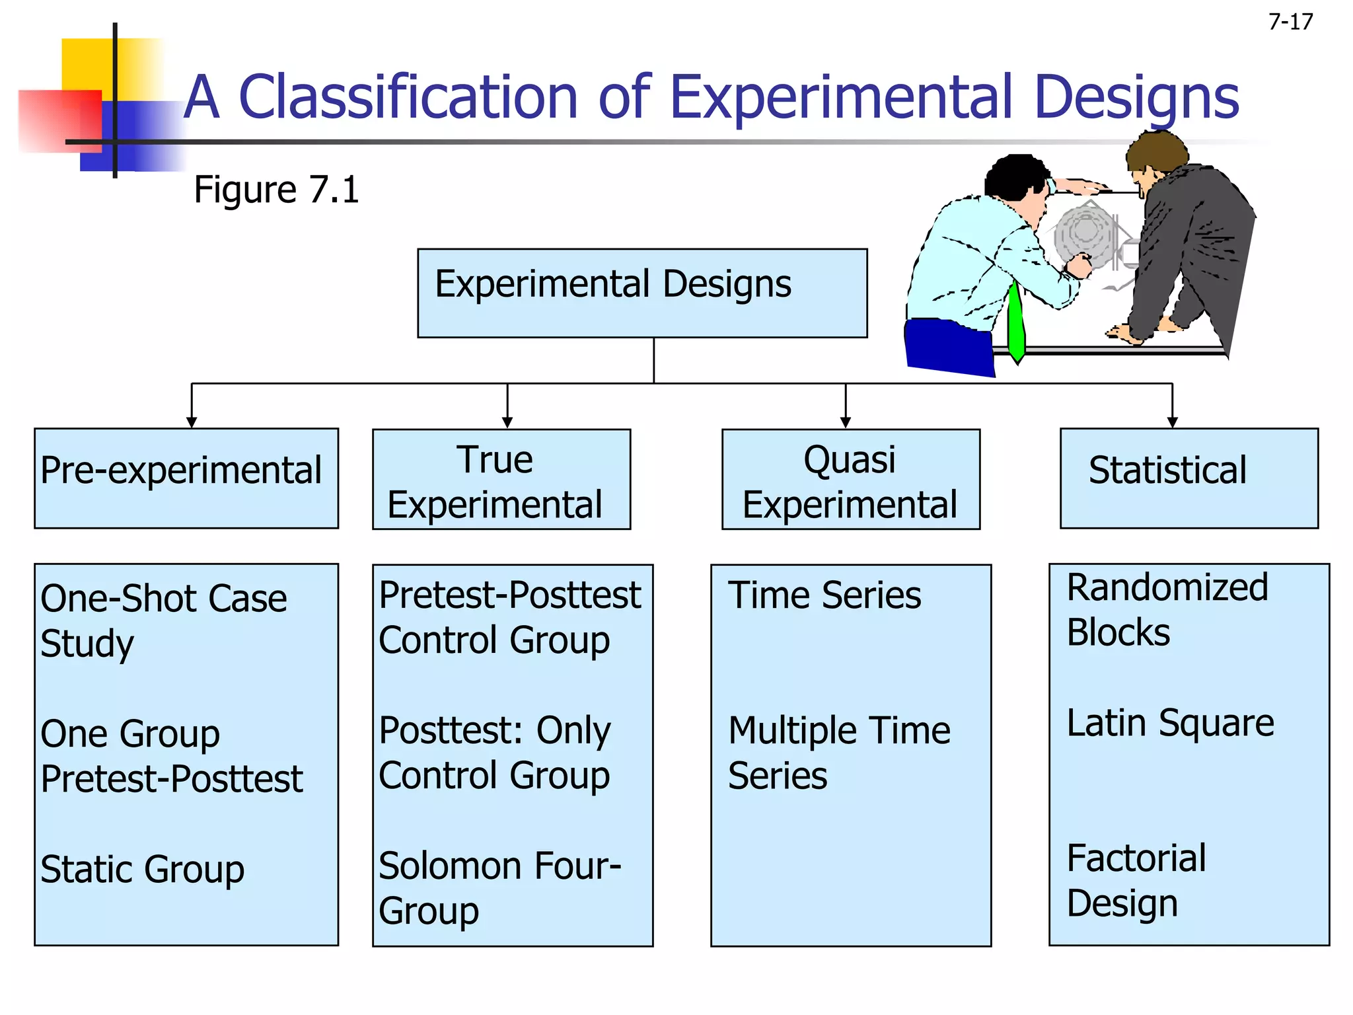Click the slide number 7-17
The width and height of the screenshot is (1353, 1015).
1290,22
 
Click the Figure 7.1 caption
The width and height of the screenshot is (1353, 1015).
276,190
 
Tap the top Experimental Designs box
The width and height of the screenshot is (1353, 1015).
641,293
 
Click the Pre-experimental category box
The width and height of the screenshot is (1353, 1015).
186,478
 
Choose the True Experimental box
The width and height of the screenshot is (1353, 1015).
501,479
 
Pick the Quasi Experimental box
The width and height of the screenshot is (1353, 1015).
850,479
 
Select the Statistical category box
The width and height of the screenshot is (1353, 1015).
1188,478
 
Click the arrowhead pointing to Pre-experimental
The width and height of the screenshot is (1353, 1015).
192,422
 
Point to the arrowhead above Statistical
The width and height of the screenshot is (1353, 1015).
1172,422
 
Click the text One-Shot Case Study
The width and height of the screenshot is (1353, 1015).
163,620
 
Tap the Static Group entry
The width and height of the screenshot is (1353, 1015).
142,869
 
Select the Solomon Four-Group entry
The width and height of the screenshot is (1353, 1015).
499,887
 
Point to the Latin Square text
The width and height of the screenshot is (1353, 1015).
1170,722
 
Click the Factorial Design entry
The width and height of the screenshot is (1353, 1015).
1136,880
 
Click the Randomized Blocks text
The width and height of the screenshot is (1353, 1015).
1167,609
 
